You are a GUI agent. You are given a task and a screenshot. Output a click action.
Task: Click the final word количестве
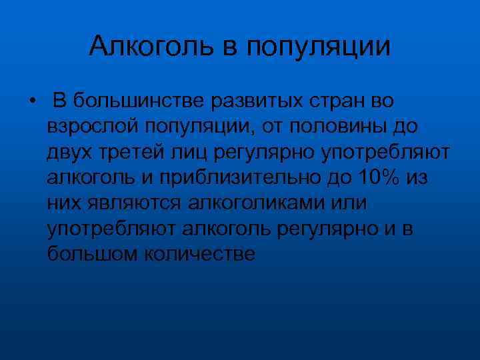(x=196, y=253)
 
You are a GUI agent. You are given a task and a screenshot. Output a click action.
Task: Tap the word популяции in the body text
(x=199, y=127)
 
